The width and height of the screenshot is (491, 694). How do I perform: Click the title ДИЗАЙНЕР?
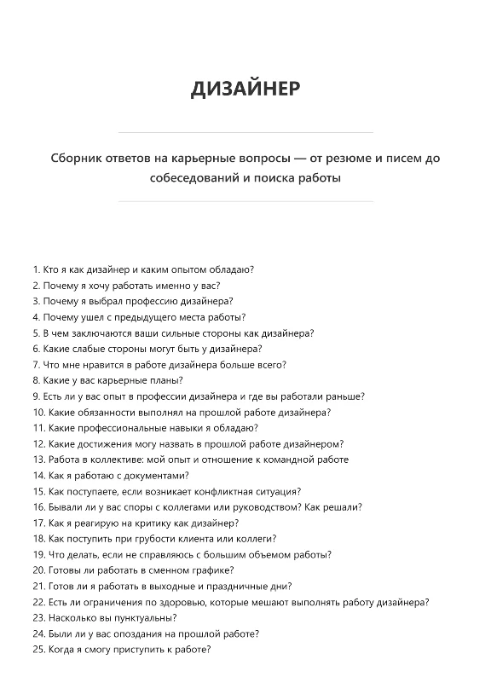point(245,89)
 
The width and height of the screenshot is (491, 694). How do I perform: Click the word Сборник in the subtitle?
point(78,159)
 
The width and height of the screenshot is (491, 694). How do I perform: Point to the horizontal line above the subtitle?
point(245,133)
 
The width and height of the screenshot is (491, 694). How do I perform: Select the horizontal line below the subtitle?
point(245,202)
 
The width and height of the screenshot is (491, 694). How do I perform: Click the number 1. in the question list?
point(37,269)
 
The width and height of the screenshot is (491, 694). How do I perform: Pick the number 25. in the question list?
point(39,649)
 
